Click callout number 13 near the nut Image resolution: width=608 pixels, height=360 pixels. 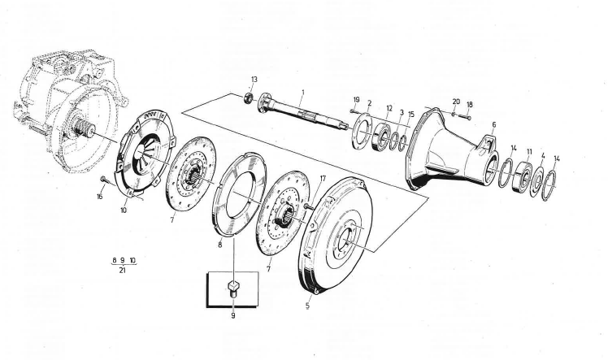[x=254, y=79]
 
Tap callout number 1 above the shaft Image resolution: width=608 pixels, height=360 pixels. [x=302, y=93]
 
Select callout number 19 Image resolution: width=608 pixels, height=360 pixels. [x=356, y=100]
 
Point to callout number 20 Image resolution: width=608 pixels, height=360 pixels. [x=455, y=102]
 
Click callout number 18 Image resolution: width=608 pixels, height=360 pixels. [x=469, y=105]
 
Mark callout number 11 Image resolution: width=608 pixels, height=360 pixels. [x=529, y=151]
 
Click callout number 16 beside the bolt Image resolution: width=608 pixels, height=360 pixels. [x=100, y=196]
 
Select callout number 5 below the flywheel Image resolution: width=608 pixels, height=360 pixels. [x=308, y=306]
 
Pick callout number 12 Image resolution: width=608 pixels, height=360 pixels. [x=389, y=108]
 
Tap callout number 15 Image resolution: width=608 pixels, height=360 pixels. [x=411, y=113]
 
